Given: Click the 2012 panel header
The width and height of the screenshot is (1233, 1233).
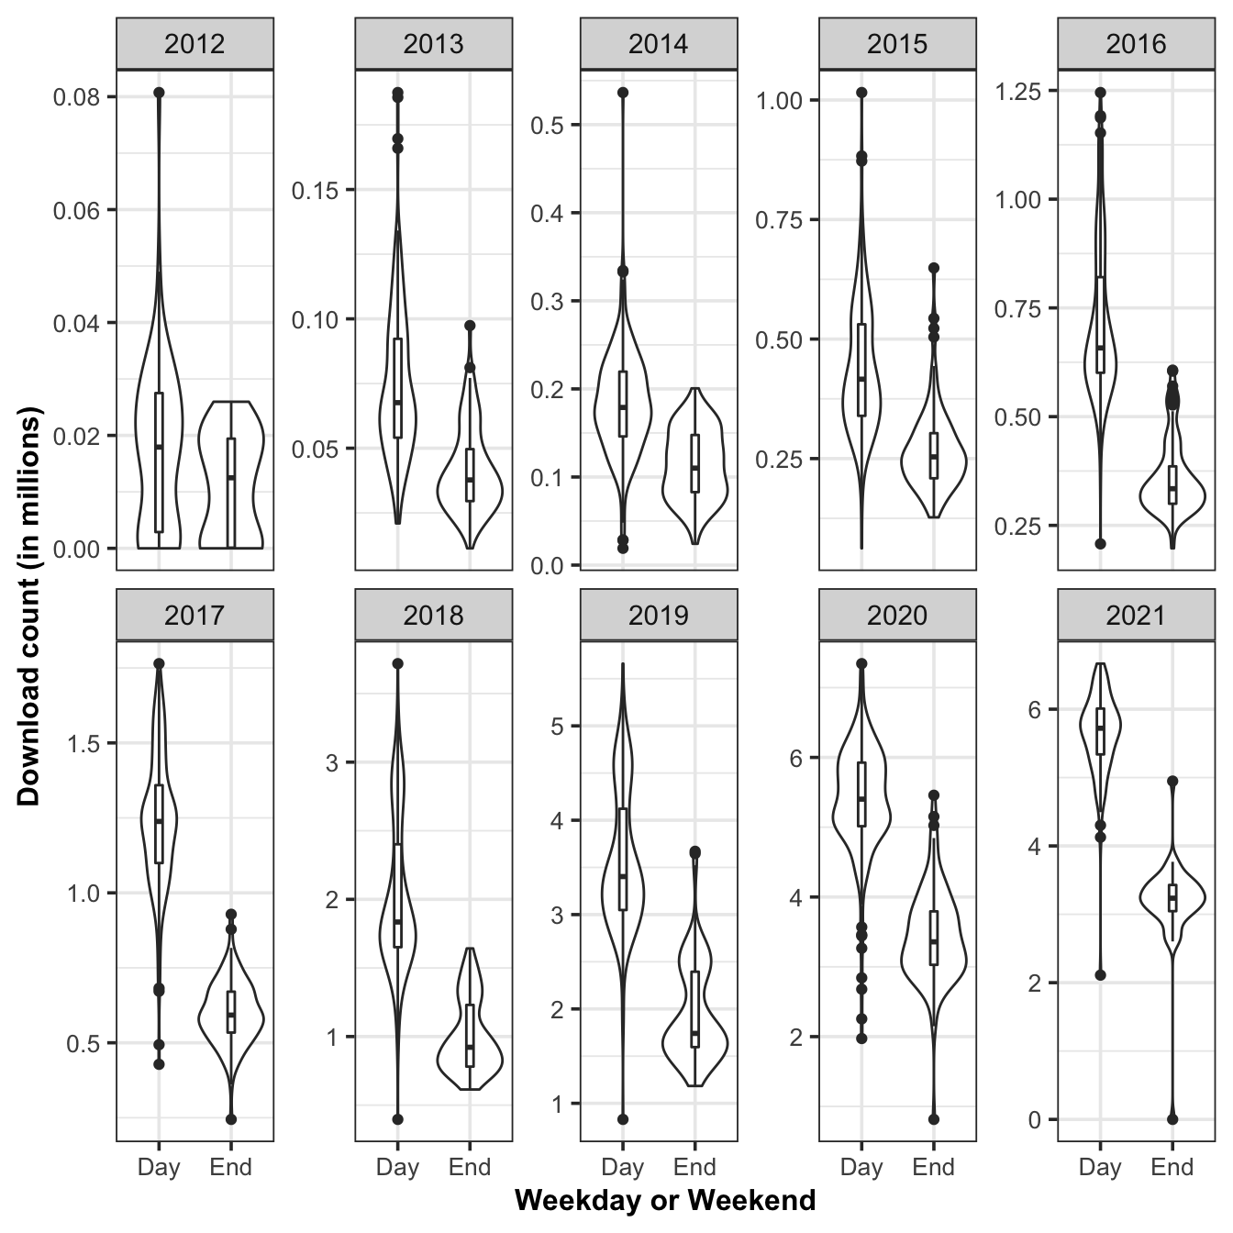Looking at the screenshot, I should (194, 44).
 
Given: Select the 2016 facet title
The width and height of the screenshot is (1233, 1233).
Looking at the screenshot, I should (1136, 44).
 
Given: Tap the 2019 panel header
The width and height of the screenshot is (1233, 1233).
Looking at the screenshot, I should (659, 615).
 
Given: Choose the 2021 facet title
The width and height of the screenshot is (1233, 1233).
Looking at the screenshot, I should (1136, 615).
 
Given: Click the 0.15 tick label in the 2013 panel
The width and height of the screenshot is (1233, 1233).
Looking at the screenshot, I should (316, 190).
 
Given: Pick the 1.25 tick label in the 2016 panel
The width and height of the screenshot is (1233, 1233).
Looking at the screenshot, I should (1018, 91).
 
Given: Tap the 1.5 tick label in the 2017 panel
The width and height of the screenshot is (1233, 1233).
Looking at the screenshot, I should (85, 742).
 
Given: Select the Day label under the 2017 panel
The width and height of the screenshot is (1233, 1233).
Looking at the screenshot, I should (159, 1167).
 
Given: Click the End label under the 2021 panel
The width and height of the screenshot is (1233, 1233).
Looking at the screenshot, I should (1172, 1167).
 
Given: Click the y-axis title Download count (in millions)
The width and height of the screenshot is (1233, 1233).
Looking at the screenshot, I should (29, 610).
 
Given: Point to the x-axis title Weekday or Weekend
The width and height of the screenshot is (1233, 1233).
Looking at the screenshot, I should (665, 1200).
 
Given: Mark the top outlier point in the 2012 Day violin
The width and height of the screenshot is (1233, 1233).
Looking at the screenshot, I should (159, 93).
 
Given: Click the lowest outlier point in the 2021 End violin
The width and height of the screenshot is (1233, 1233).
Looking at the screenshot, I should (1172, 1118).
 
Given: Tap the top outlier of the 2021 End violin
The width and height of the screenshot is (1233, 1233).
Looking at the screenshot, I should (1172, 782).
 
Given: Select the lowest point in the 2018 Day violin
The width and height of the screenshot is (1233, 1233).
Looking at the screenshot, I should (397, 1119).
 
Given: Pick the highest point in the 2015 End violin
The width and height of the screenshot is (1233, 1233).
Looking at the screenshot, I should (934, 268).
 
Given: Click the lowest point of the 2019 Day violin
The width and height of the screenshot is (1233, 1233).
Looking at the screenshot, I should (623, 1119).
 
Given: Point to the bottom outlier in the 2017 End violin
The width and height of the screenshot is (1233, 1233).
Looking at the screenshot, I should (231, 1119).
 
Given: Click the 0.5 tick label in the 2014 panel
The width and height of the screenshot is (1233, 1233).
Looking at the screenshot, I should (547, 125).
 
